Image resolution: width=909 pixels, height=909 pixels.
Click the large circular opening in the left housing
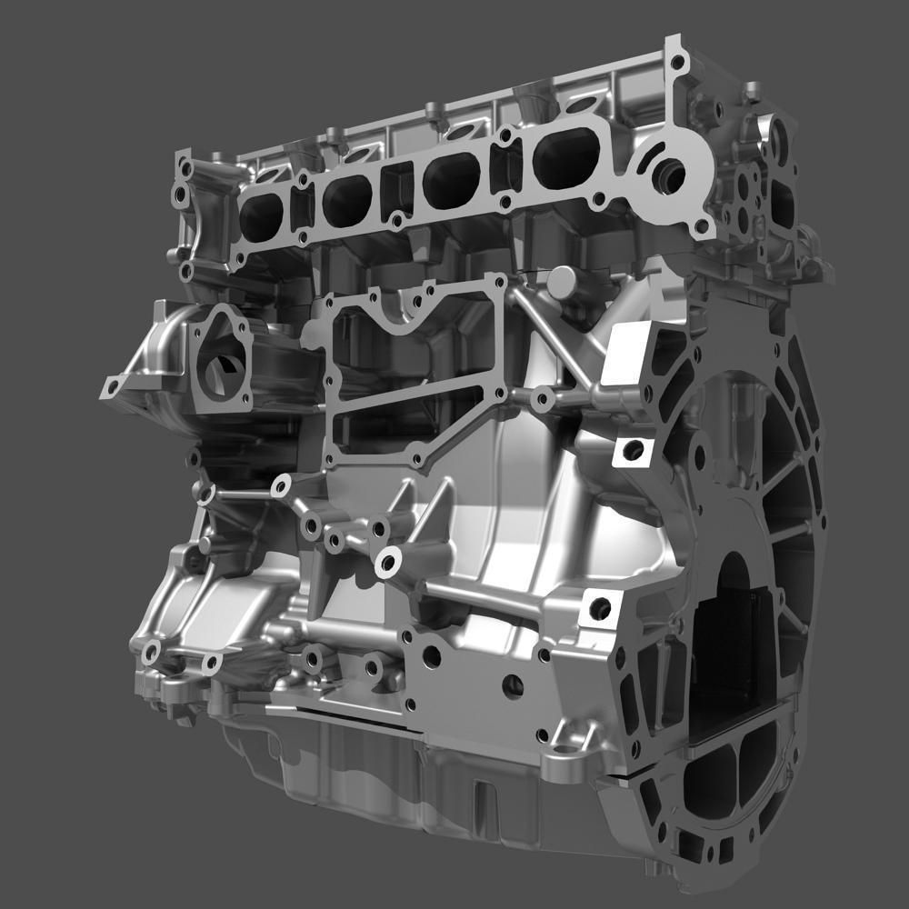pyautogui.click(x=219, y=373)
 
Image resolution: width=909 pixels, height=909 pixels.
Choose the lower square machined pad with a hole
pyautogui.click(x=599, y=607)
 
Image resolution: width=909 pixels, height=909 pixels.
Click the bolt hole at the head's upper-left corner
pyautogui.click(x=185, y=170)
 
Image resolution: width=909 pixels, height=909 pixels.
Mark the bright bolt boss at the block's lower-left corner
pyautogui.click(x=151, y=649)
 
